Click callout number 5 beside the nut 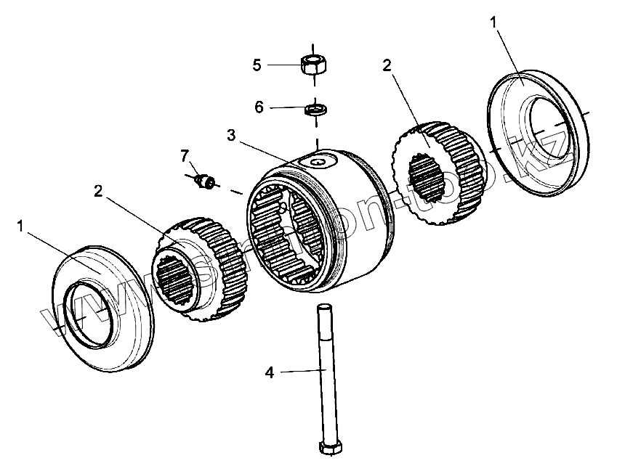click(257, 65)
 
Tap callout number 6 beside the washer click(259, 107)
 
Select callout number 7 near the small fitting click(185, 155)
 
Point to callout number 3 click(231, 135)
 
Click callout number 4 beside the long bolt click(270, 372)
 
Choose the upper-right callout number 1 click(495, 23)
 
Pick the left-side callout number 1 click(21, 227)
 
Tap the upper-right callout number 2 click(387, 65)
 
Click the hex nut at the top click(314, 64)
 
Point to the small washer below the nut click(316, 110)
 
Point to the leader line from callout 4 click(298, 371)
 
